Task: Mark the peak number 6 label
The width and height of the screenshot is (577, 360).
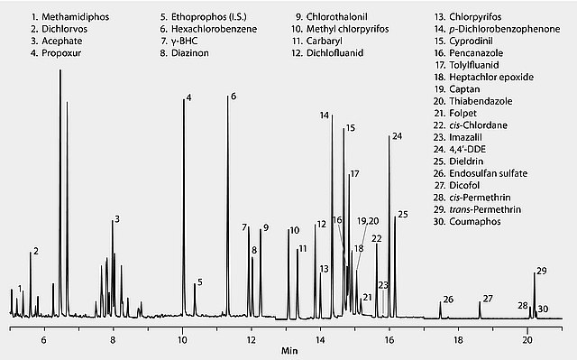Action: [233, 97]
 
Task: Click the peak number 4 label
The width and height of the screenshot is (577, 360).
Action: [188, 97]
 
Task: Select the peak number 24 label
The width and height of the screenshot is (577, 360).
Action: [397, 136]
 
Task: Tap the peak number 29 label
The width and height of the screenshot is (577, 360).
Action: [541, 271]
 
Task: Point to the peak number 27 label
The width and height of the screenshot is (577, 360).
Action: [488, 298]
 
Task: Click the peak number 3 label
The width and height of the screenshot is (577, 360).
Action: [117, 219]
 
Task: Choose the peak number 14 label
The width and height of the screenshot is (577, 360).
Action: [325, 115]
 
